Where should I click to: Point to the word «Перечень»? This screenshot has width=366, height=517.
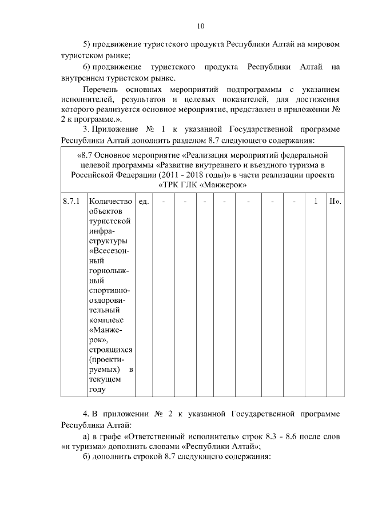coord(101,90)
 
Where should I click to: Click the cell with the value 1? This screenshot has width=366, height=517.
coord(315,202)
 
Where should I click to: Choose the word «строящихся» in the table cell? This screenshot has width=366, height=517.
coord(110,349)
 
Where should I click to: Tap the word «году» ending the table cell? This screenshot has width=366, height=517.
coord(98,390)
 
